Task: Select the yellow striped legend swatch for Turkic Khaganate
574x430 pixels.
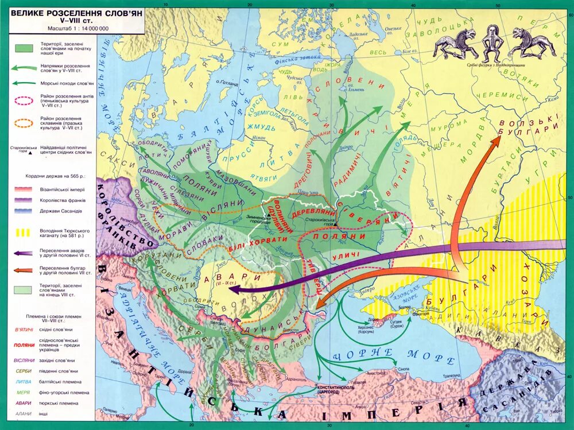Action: pyautogui.click(x=24, y=234)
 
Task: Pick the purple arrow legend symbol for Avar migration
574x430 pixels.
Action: pyautogui.click(x=24, y=252)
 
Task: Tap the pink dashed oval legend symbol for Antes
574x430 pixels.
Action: pyautogui.click(x=24, y=101)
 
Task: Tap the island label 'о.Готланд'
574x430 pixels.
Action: pyautogui.click(x=228, y=82)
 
